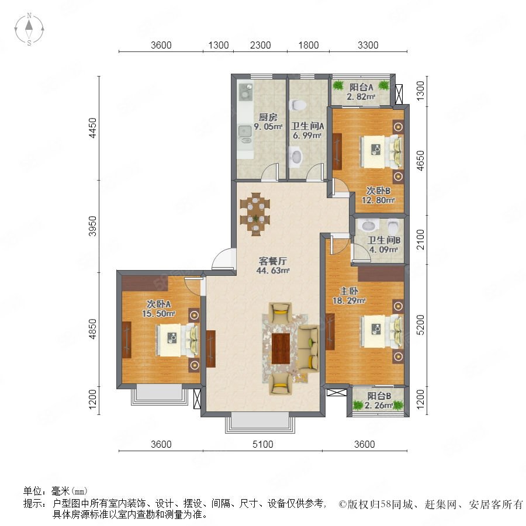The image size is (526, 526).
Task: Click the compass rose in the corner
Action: (29, 29)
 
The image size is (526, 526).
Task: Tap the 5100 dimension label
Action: (262, 444)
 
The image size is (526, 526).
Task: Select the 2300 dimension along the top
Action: (260, 45)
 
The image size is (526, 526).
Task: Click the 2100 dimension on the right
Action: (420, 240)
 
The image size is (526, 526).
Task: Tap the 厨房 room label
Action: (268, 117)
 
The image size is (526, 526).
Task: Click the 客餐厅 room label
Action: (273, 261)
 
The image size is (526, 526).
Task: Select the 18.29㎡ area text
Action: (349, 300)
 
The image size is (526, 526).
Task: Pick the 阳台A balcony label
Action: (361, 87)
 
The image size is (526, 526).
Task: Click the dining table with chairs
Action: (255, 214)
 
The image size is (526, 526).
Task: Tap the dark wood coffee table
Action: (281, 348)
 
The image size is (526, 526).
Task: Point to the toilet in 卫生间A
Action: (297, 105)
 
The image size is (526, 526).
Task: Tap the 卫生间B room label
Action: (384, 240)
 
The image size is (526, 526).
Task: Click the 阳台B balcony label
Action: (379, 396)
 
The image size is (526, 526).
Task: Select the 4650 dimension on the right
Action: (420, 161)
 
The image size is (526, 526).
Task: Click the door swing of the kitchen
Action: (270, 172)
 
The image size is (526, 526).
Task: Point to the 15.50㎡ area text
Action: (158, 314)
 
